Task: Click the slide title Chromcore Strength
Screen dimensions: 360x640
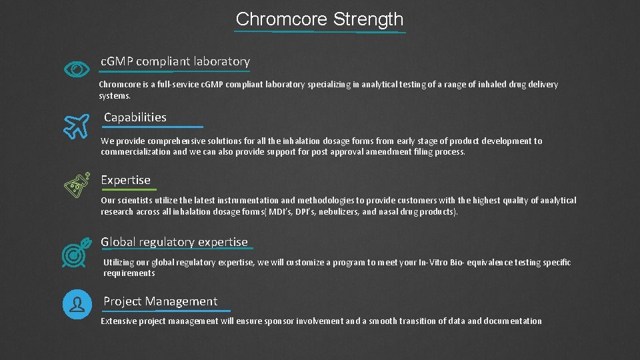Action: (319, 19)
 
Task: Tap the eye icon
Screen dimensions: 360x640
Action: (77, 69)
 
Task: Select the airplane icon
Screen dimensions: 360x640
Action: (77, 125)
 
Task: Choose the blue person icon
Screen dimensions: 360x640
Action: (77, 304)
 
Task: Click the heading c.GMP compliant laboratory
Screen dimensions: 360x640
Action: (175, 61)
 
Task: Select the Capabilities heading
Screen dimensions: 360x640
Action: (135, 117)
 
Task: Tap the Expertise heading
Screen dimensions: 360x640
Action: (125, 180)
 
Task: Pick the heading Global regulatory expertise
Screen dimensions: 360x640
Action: (174, 242)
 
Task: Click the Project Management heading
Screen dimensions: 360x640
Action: (160, 301)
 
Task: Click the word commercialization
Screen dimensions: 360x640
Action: (135, 152)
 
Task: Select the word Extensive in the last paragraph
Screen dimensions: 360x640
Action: (119, 321)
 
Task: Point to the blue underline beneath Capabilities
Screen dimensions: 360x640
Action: (153, 127)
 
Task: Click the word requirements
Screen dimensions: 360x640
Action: (129, 273)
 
